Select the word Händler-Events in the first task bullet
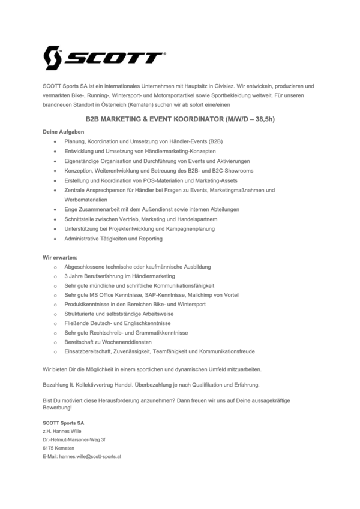[x=190, y=141]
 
